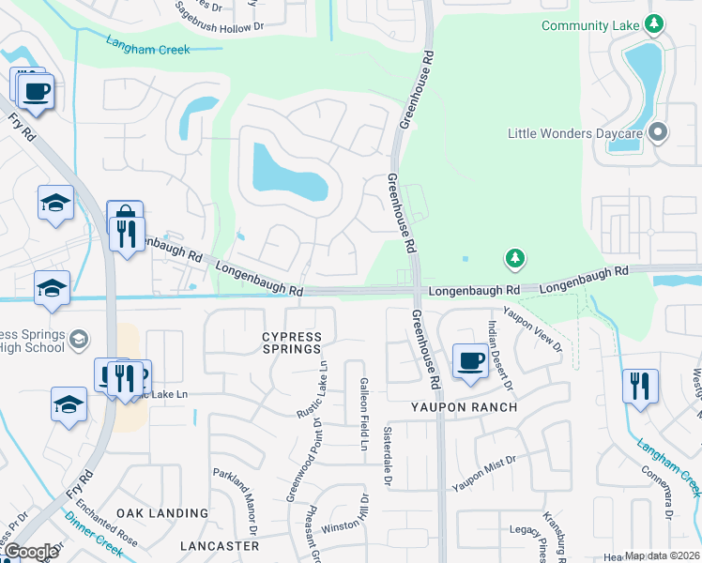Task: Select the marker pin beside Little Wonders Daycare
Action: pyautogui.click(x=658, y=133)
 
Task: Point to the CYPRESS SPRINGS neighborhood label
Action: pyautogui.click(x=291, y=343)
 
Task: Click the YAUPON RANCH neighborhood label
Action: pyautogui.click(x=464, y=407)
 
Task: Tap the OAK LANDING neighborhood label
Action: pyautogui.click(x=162, y=513)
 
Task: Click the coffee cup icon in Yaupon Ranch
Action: pyautogui.click(x=470, y=360)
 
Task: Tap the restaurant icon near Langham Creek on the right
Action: pyautogui.click(x=640, y=385)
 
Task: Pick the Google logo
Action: pyautogui.click(x=31, y=552)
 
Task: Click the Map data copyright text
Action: pyautogui.click(x=662, y=555)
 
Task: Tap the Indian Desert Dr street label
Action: pyautogui.click(x=498, y=354)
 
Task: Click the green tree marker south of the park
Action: pyautogui.click(x=514, y=256)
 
